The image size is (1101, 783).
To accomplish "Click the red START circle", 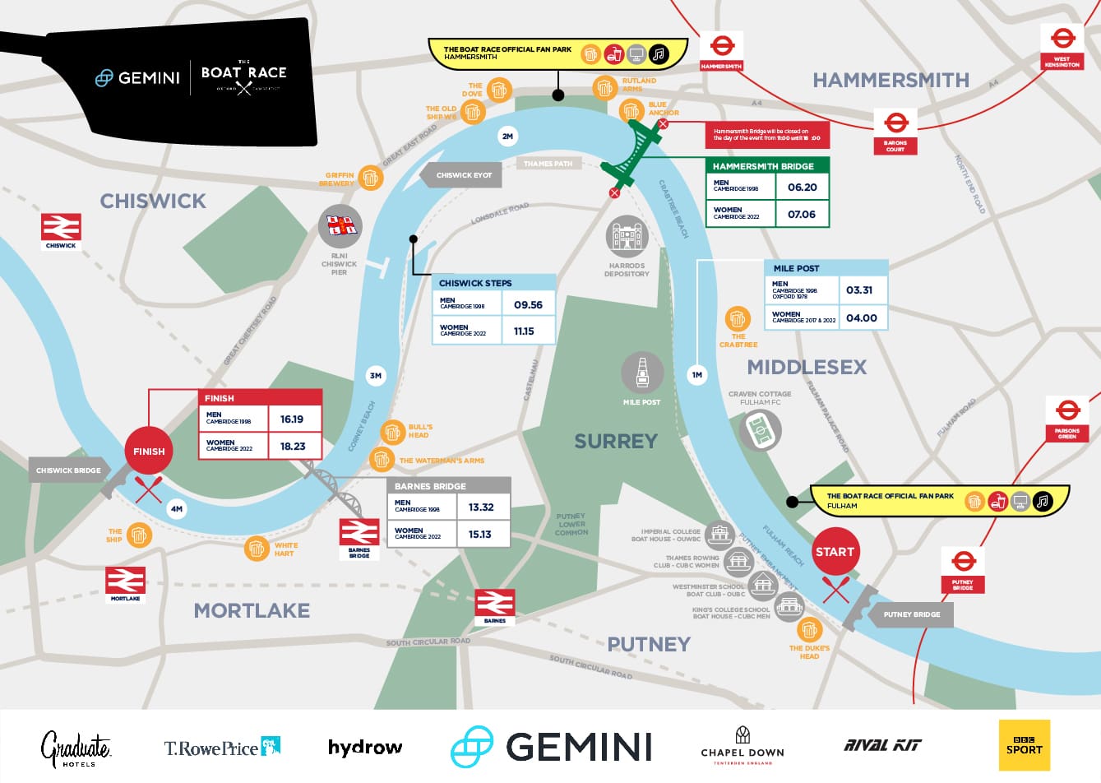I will (x=835, y=552).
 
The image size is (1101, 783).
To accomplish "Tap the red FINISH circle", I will (x=149, y=451).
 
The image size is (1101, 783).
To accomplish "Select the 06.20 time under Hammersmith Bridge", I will (x=802, y=187).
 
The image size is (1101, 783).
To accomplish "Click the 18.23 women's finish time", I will (x=293, y=447).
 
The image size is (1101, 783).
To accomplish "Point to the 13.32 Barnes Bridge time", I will (x=481, y=507).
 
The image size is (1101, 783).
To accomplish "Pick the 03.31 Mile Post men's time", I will (x=859, y=290).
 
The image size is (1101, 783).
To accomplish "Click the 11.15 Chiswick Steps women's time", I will (x=524, y=331).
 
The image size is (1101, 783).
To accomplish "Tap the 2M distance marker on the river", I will (x=507, y=137).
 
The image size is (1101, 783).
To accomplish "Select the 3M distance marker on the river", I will (x=376, y=376).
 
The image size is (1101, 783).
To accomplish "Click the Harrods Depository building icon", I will (x=627, y=239).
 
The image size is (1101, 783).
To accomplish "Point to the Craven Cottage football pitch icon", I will (x=760, y=430).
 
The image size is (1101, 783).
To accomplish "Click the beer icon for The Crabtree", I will (x=738, y=318).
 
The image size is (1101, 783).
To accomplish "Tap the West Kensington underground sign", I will (x=1062, y=46).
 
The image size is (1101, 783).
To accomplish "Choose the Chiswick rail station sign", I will (x=62, y=231).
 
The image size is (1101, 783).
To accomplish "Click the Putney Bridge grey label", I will (x=911, y=614).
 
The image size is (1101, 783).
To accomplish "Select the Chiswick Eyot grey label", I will (x=464, y=175).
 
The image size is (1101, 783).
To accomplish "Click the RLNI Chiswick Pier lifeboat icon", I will (x=340, y=226).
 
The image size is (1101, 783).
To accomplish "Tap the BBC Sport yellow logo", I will (x=1024, y=745).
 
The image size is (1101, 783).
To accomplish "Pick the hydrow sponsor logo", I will (x=365, y=747).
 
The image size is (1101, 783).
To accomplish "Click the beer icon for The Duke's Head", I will (x=809, y=630).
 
